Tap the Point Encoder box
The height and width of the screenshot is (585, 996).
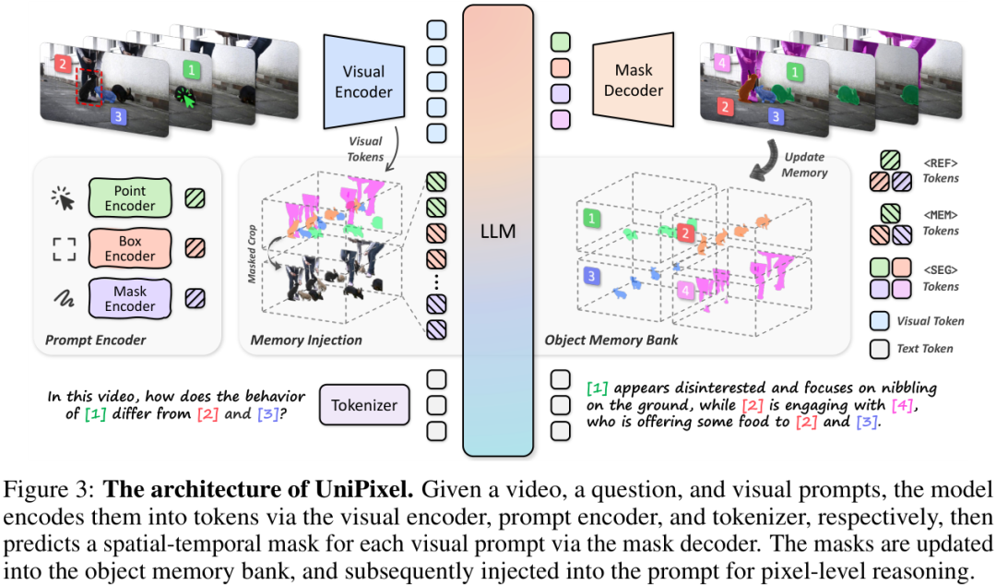(x=129, y=197)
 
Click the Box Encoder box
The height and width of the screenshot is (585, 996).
(x=129, y=247)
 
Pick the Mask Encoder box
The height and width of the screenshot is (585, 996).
(x=129, y=298)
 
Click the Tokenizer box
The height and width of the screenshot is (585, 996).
(x=363, y=405)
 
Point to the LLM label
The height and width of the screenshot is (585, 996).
(x=498, y=233)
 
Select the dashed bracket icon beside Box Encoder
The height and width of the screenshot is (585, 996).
(x=63, y=248)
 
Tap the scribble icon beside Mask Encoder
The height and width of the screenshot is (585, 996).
(x=63, y=299)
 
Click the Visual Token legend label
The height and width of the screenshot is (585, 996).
(x=931, y=321)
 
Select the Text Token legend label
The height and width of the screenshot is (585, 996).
(x=925, y=349)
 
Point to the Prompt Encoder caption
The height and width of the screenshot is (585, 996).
(x=95, y=340)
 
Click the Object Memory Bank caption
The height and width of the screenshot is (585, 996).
(x=611, y=340)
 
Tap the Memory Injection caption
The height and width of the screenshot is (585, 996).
(x=306, y=340)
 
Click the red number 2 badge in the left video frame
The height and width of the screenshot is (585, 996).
(x=61, y=65)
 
